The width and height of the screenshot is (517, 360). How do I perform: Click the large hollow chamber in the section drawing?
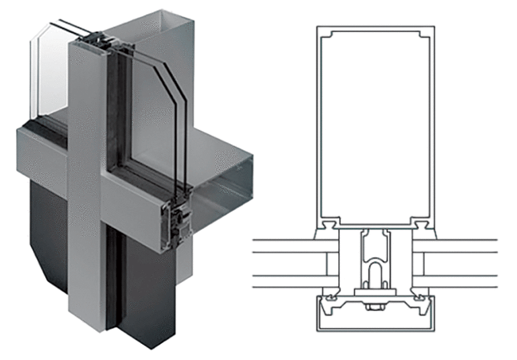tap(376, 124)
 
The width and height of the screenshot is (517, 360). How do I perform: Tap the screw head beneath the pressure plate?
tap(376, 308)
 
